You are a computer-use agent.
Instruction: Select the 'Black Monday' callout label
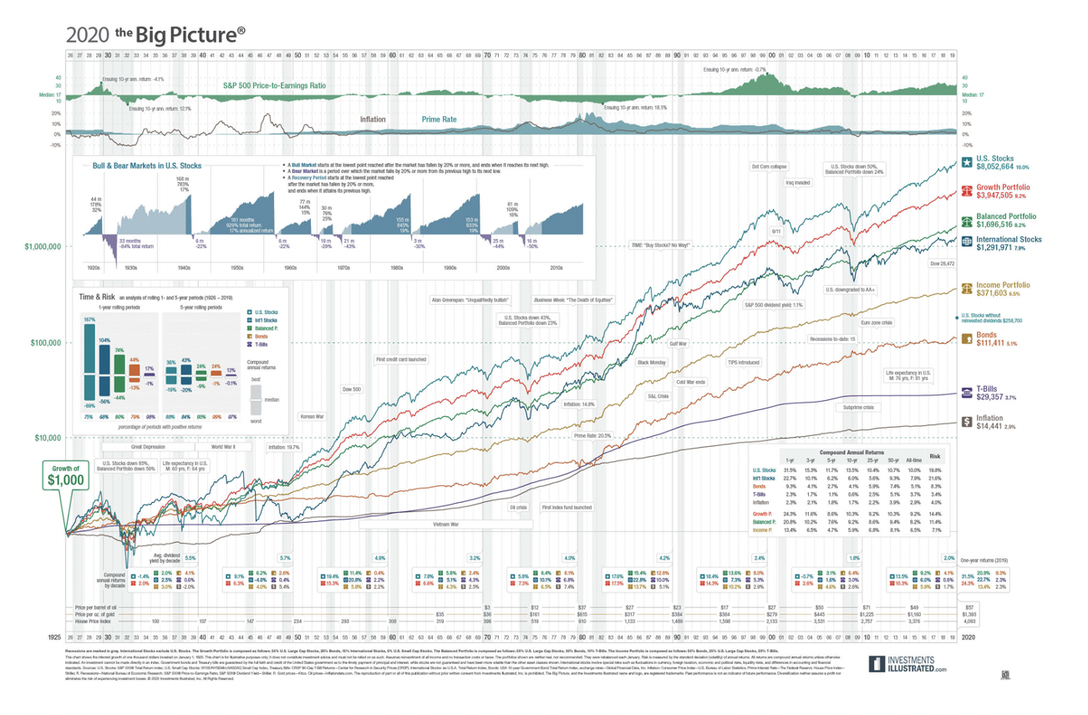click(652, 363)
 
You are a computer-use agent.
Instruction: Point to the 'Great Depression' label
click(125, 447)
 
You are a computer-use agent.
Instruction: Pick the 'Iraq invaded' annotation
click(796, 182)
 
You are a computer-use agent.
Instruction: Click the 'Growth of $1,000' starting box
click(64, 475)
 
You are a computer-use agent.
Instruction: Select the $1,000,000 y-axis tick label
click(40, 247)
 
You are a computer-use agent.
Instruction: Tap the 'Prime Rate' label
click(438, 119)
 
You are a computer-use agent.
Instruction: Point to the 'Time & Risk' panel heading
click(98, 297)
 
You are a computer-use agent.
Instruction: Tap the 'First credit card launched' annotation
click(401, 360)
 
